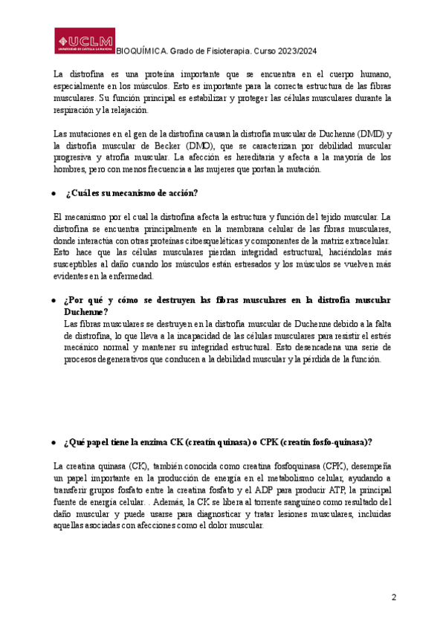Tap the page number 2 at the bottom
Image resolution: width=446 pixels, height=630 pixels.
click(x=395, y=597)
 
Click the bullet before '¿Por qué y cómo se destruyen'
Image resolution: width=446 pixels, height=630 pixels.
click(x=54, y=300)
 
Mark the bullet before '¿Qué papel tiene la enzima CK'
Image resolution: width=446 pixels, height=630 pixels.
click(x=54, y=443)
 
